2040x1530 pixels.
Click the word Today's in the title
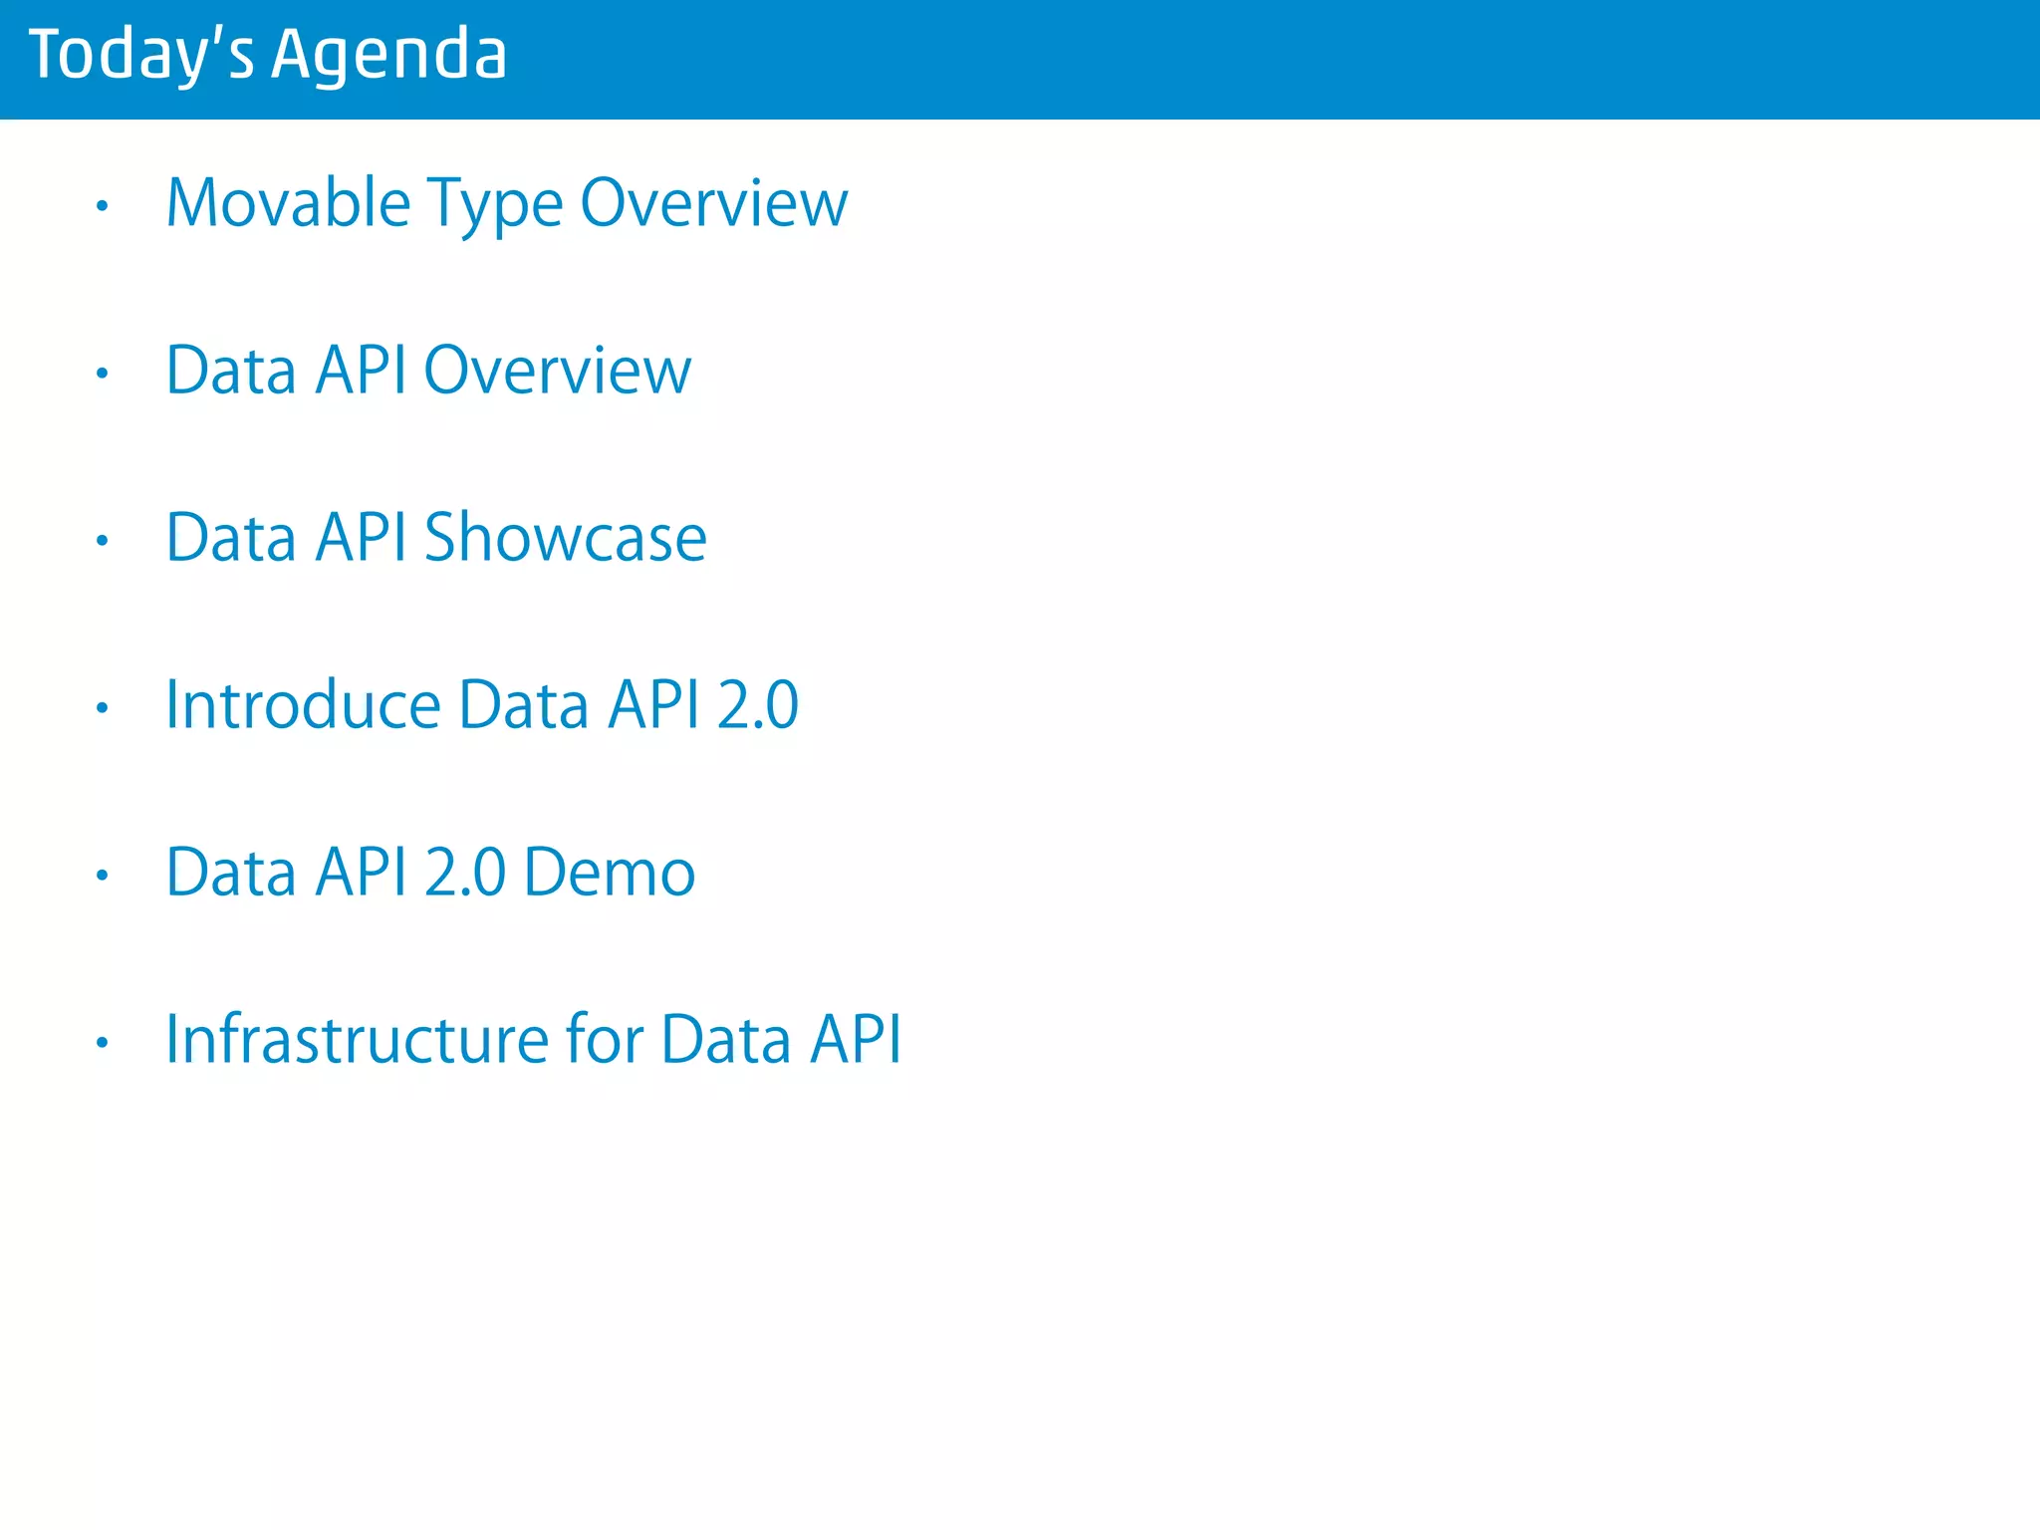[141, 54]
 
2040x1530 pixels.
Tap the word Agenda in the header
[388, 56]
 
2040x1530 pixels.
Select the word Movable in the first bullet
[288, 203]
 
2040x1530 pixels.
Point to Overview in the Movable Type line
[713, 203]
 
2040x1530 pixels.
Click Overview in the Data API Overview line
[557, 371]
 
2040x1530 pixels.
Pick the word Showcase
[565, 538]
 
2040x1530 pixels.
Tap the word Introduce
[303, 705]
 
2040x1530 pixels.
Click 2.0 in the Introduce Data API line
[757, 705]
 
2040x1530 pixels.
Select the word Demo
[609, 873]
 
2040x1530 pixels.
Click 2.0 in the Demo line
[465, 873]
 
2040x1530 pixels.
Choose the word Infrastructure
[357, 1040]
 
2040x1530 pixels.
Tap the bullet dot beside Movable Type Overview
[102, 206]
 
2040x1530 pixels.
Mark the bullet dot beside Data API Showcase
[102, 541]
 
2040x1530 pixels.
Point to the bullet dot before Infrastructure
[102, 1043]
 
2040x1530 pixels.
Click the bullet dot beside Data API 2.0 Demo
[102, 876]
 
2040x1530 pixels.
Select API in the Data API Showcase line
[361, 538]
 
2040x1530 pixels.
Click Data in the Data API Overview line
[231, 371]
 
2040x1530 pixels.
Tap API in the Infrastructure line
[855, 1040]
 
